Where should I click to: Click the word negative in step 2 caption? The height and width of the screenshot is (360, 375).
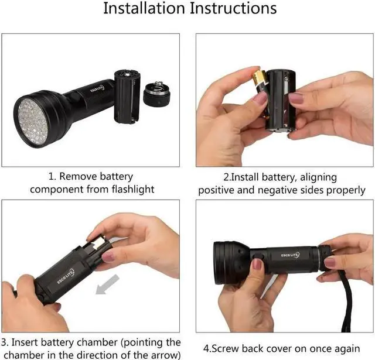tap(279, 190)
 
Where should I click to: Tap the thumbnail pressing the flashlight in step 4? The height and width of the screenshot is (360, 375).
tap(257, 265)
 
